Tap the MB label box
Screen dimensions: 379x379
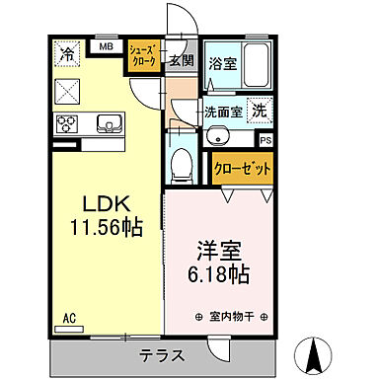[x=106, y=45]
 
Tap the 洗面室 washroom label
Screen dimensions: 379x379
[x=222, y=111]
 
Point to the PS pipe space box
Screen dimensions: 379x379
[x=265, y=138]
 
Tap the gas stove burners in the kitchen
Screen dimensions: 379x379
[x=68, y=123]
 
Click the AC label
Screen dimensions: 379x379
[x=69, y=318]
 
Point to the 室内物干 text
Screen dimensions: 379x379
[x=233, y=318]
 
